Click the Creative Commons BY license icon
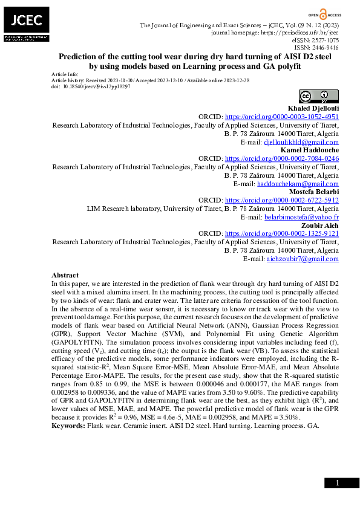pyautogui.click(x=319, y=96)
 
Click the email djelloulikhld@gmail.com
pyautogui.click(x=301, y=141)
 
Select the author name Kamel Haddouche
pyautogui.click(x=309, y=149)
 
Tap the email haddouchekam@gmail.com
pyautogui.click(x=298, y=183)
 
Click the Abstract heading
pyautogui.click(x=65, y=275)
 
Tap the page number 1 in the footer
pyautogui.click(x=338, y=482)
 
